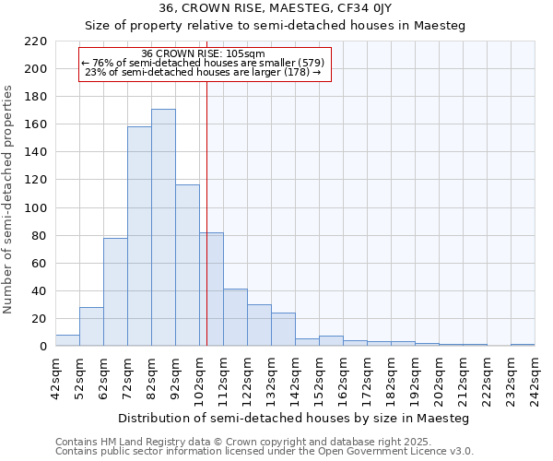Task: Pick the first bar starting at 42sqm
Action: (67, 340)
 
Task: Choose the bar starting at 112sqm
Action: (235, 318)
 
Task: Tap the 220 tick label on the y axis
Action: (36, 41)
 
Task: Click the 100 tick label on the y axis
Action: (36, 208)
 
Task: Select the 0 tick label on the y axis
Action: (42, 347)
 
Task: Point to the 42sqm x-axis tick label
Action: (55, 376)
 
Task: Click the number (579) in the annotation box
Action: (309, 63)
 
